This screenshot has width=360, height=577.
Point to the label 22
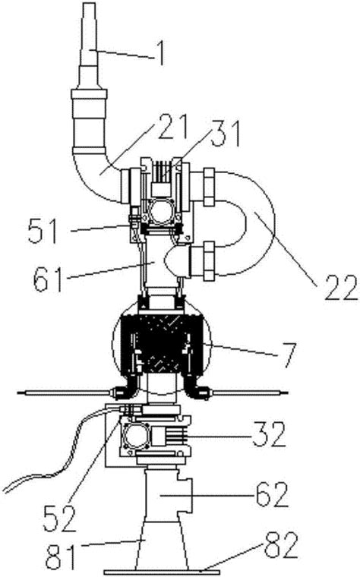[340, 288]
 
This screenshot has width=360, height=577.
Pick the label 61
[48, 279]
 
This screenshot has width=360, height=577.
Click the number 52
[60, 519]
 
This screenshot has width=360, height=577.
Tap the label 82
[281, 545]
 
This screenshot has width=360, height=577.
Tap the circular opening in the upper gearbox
[161, 210]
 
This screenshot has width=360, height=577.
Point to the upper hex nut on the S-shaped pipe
[209, 187]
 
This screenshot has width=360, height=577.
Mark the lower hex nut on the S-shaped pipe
[209, 260]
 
